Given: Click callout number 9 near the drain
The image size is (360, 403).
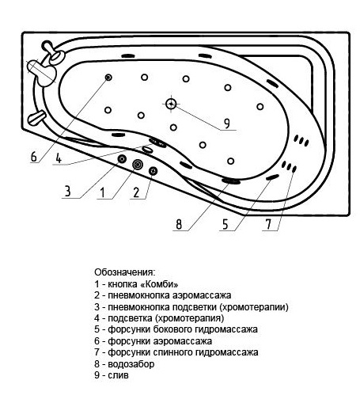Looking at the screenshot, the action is point(227,124).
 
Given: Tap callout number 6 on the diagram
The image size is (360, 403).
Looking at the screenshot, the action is point(34,157).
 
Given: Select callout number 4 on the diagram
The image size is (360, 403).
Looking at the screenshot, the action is point(59,158).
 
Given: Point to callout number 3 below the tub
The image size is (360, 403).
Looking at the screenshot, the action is point(68,191).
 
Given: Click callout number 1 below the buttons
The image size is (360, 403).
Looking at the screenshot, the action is point(103,192).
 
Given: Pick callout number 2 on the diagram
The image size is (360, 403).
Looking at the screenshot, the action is point(136,192).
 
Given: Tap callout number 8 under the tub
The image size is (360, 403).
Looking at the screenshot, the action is point(179,225).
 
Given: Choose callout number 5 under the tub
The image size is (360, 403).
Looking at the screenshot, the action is point(225,225).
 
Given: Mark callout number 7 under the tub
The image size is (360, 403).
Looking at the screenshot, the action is point(268,225).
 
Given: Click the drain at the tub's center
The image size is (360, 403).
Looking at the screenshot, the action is point(171,104).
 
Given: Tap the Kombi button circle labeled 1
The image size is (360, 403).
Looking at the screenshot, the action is point(138,165).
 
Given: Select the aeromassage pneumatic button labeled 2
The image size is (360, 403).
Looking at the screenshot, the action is point(153,171).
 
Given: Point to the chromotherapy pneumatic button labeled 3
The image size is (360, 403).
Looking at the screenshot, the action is point(123,159).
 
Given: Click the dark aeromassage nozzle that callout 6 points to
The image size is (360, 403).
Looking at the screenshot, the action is point(108,78).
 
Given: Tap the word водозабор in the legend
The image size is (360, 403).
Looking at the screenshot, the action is point(131,364).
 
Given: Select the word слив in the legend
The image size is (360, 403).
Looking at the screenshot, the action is point(118,375).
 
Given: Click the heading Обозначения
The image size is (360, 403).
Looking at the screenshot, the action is point(125,272).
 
